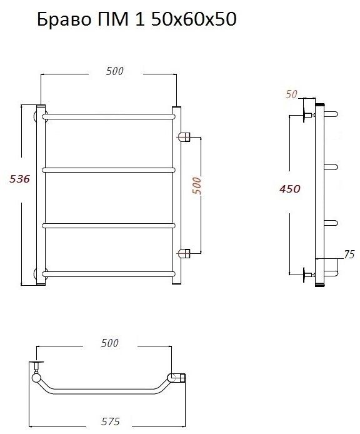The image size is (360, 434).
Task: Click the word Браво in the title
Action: coord(64,19)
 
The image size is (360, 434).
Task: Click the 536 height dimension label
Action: coord(19,179)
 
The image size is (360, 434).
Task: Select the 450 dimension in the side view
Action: coord(290,189)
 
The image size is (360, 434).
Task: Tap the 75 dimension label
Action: coord(349,254)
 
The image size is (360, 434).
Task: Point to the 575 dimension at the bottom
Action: coord(111,421)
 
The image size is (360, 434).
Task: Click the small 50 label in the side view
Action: coord(291,94)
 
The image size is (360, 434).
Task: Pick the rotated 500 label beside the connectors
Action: coord(196,186)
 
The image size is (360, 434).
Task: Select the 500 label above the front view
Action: coord(115,71)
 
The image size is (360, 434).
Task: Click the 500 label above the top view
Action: coord(110,343)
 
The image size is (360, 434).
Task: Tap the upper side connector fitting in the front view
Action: coord(184,137)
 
